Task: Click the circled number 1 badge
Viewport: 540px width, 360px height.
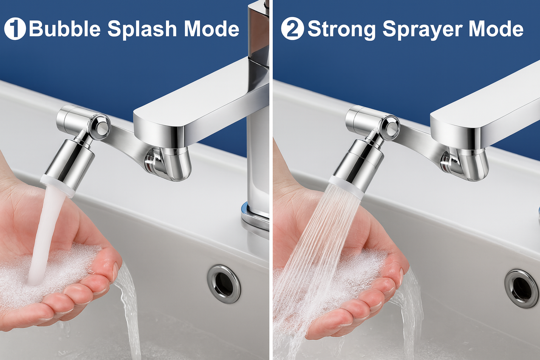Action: pyautogui.click(x=15, y=29)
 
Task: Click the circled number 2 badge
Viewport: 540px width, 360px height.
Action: pyautogui.click(x=292, y=29)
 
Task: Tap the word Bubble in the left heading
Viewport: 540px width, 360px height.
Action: pyautogui.click(x=65, y=29)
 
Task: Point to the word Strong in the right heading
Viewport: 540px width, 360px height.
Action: pyautogui.click(x=341, y=29)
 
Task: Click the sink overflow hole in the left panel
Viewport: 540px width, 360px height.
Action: pyautogui.click(x=224, y=283)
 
